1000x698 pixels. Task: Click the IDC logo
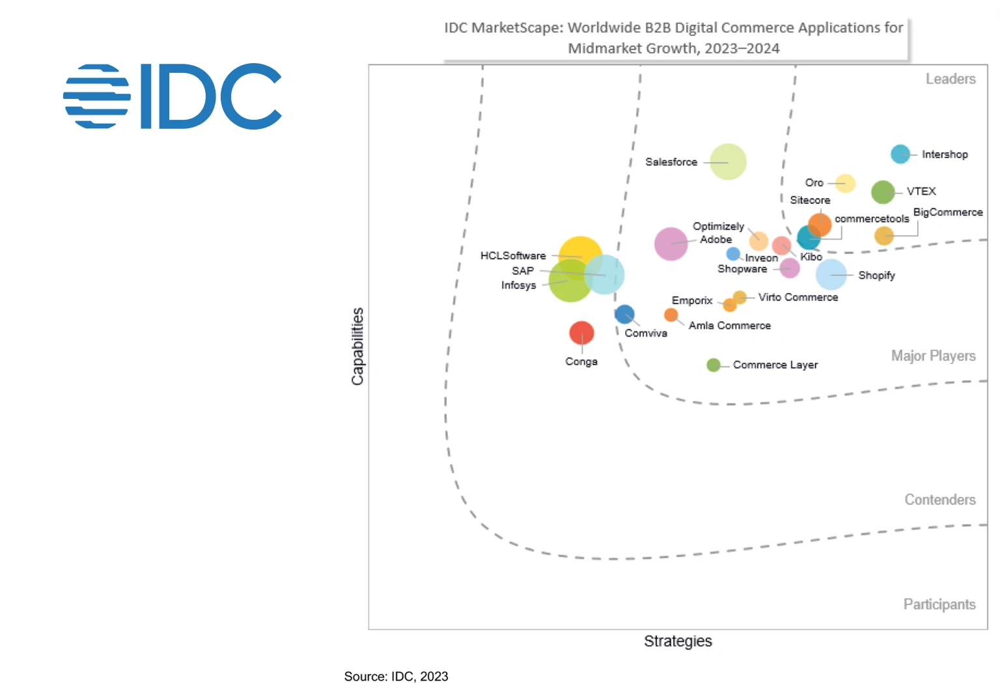tap(173, 96)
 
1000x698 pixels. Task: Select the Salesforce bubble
tap(728, 161)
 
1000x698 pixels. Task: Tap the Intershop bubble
tap(900, 154)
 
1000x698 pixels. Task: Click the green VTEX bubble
tap(883, 192)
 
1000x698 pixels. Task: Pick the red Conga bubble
tap(581, 333)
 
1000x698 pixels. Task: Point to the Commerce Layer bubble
tap(714, 365)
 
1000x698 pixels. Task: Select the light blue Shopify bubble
tap(831, 275)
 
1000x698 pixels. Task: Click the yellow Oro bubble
tap(845, 184)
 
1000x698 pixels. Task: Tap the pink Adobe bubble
tap(671, 244)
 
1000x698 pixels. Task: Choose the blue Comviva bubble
tap(624, 314)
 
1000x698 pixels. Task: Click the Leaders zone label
tap(951, 79)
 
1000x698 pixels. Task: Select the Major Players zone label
tap(933, 356)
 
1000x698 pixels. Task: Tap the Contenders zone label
tap(939, 499)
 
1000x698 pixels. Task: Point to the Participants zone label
tap(939, 604)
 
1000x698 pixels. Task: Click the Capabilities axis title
tap(357, 346)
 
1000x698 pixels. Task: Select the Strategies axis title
tap(678, 641)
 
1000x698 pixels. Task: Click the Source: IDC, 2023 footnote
tap(396, 677)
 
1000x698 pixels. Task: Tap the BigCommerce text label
tap(947, 212)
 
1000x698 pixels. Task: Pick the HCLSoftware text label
tap(513, 256)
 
